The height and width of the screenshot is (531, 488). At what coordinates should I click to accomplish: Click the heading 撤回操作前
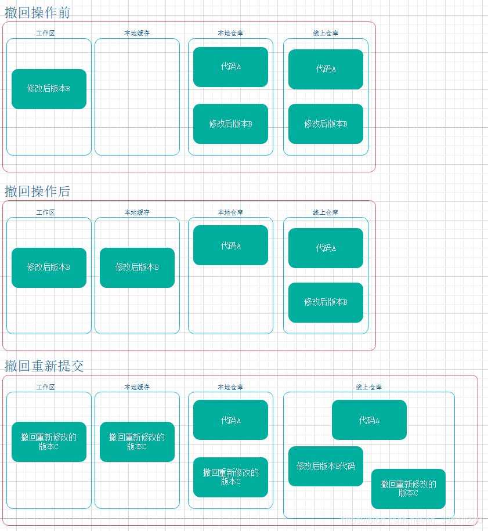(37, 13)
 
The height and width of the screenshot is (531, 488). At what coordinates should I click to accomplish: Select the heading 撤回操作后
(37, 191)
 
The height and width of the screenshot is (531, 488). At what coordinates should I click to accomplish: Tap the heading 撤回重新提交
(44, 366)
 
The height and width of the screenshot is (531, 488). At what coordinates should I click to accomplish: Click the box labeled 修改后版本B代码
(326, 466)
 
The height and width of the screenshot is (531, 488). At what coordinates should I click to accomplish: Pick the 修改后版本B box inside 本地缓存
(137, 268)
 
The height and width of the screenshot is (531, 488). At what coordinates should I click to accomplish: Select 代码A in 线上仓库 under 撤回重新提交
(369, 420)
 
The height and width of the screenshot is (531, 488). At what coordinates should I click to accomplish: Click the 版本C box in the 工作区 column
(49, 442)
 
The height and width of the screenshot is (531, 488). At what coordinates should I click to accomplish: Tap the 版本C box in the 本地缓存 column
(137, 442)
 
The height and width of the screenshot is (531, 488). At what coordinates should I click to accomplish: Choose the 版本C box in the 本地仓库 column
(230, 477)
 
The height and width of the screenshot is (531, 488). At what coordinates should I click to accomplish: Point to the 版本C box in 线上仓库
(408, 489)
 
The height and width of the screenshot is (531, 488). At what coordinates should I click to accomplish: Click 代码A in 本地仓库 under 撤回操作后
(230, 245)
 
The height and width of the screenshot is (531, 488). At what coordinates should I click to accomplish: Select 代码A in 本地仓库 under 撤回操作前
(230, 67)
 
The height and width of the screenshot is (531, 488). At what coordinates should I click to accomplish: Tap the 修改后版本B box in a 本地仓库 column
(230, 124)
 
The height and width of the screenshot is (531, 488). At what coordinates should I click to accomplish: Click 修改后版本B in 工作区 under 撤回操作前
(49, 89)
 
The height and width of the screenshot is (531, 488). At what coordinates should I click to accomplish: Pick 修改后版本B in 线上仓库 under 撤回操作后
(326, 302)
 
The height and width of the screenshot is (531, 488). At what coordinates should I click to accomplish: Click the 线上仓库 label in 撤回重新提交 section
(368, 387)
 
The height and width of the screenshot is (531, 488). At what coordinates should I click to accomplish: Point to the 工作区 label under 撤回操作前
(45, 34)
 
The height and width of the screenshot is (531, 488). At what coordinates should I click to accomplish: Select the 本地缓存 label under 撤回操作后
(137, 212)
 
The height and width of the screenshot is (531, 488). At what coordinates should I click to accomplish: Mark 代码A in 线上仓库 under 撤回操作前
(326, 69)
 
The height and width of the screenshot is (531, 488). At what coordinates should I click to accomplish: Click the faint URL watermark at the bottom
(412, 521)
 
